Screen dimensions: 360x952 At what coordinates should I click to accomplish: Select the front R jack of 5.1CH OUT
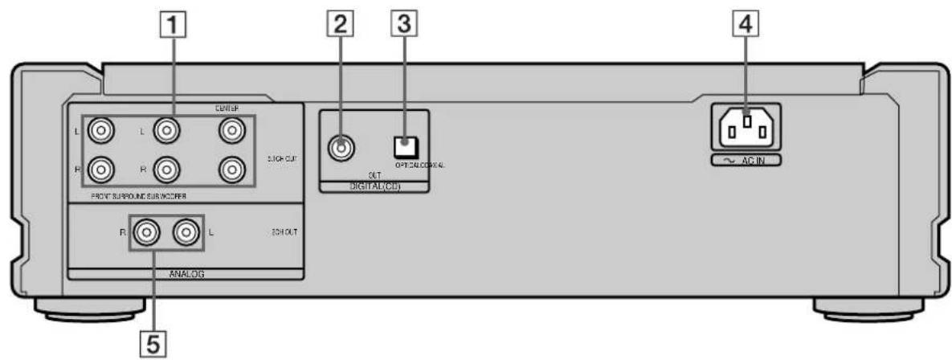[x=103, y=169]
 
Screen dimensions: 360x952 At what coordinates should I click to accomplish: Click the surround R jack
[x=167, y=169]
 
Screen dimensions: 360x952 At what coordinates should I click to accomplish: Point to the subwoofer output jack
[x=231, y=169]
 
